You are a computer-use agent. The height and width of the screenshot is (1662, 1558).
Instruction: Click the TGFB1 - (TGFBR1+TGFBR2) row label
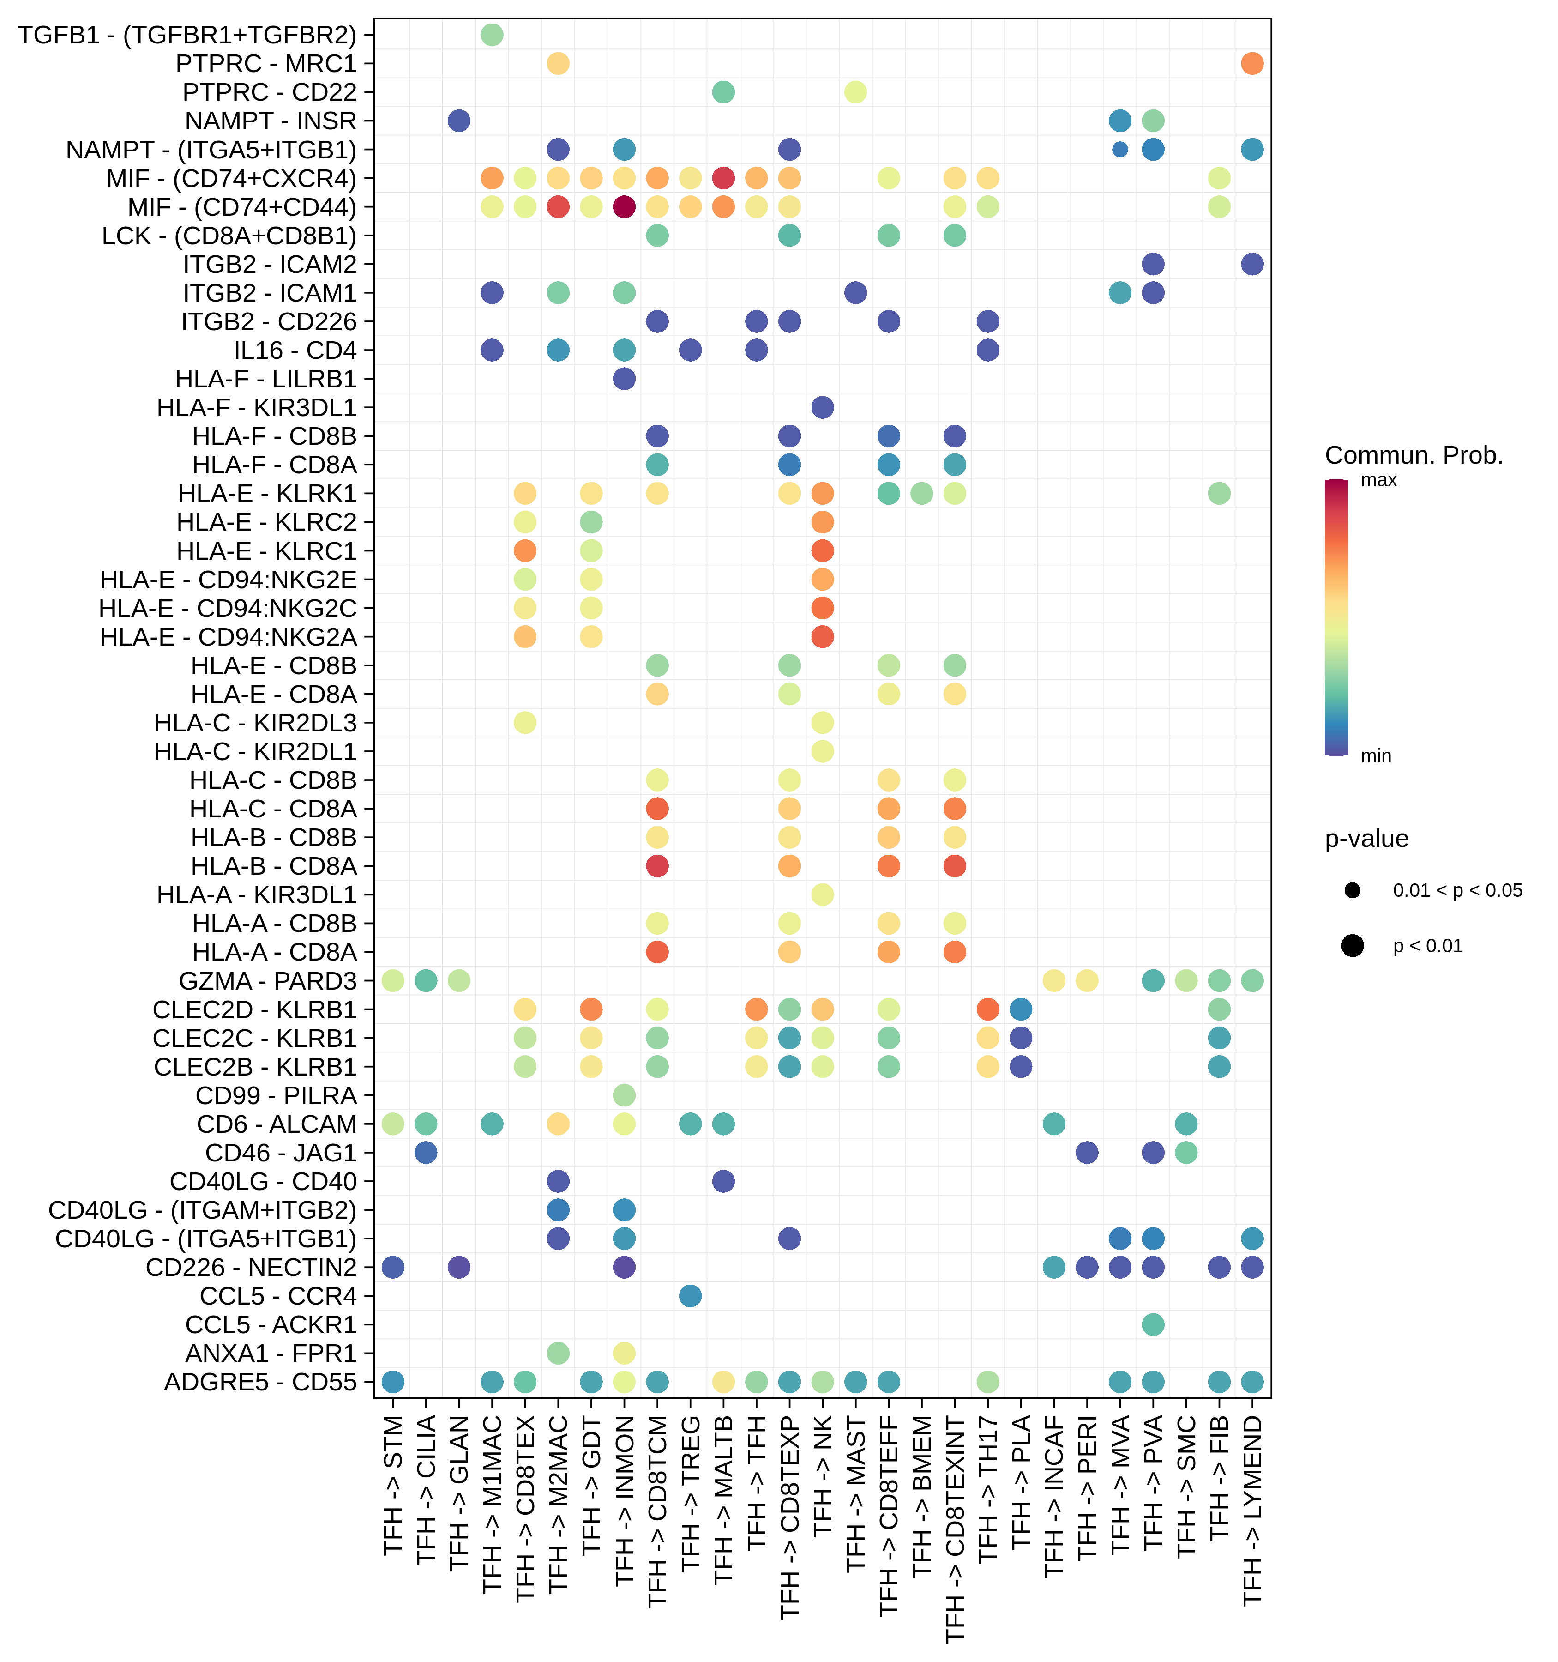[x=187, y=35]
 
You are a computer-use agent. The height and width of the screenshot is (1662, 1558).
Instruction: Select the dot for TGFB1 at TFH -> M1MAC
[x=492, y=35]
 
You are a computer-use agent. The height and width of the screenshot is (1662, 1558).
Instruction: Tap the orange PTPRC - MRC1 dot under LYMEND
[x=1252, y=64]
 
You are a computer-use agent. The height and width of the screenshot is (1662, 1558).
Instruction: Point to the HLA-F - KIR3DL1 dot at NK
[x=823, y=407]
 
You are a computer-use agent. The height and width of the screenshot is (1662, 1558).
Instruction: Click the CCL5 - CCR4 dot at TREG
[x=691, y=1296]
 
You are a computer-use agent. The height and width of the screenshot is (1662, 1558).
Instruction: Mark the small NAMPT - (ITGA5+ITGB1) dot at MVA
[x=1120, y=150]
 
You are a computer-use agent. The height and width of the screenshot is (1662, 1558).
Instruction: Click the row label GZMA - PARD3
[x=267, y=981]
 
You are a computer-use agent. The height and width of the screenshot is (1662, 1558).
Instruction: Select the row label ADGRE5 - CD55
[x=260, y=1382]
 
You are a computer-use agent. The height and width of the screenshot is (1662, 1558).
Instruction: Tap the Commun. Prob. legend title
[x=1414, y=456]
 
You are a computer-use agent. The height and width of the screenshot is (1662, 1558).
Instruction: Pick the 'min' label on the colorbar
[x=1376, y=756]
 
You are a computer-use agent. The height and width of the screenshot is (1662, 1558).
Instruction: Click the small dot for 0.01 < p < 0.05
[x=1353, y=890]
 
